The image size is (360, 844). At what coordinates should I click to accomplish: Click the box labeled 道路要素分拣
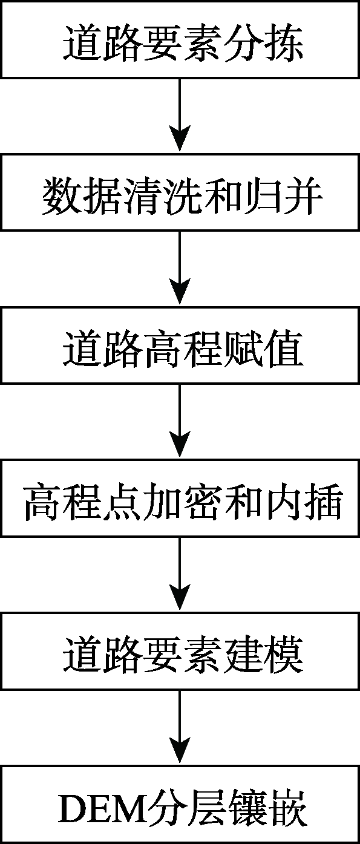pos(180,39)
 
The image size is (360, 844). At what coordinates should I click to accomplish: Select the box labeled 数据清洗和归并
pos(180,192)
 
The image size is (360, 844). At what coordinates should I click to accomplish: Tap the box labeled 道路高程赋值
pos(180,345)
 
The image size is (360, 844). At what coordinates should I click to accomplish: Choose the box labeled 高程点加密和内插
pos(180,498)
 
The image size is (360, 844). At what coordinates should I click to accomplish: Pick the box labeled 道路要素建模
pos(180,651)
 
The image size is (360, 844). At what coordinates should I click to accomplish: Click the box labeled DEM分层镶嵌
pos(180,805)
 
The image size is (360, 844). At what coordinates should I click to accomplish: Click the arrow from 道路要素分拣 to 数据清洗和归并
pos(180,115)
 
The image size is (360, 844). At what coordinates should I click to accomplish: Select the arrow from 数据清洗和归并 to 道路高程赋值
pos(180,267)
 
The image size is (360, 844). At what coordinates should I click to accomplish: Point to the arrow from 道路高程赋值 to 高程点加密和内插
pos(180,420)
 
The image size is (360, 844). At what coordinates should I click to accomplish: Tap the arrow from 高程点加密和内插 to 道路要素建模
pos(180,574)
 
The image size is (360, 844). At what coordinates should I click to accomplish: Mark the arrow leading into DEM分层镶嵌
pos(180,727)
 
